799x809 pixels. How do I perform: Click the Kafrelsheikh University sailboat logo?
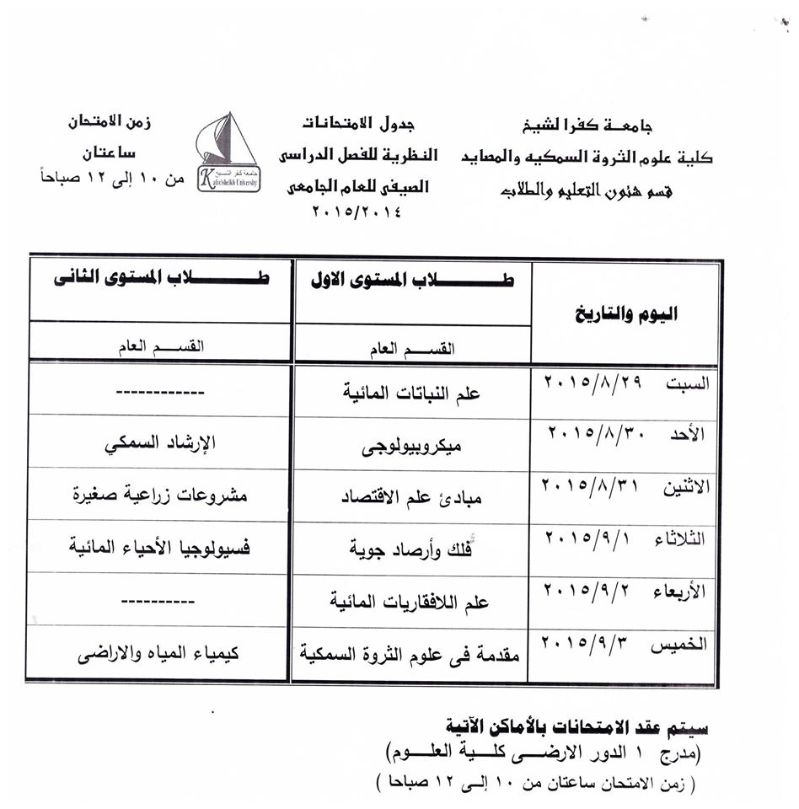pyautogui.click(x=228, y=153)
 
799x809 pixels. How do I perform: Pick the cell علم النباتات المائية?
pyautogui.click(x=413, y=392)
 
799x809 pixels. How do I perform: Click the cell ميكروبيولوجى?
pyautogui.click(x=413, y=443)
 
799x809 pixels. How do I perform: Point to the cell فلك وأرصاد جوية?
pyautogui.click(x=413, y=549)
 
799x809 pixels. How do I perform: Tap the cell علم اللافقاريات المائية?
pyautogui.click(x=413, y=602)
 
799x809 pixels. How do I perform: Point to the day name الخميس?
pyautogui.click(x=686, y=645)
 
